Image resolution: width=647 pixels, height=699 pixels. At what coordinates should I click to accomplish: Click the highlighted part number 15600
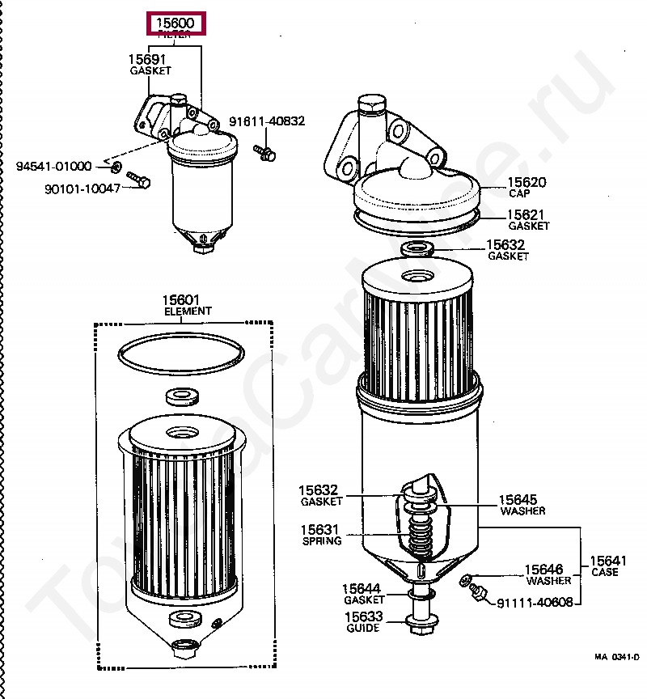(175, 23)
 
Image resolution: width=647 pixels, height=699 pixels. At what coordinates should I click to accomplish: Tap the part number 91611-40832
(266, 121)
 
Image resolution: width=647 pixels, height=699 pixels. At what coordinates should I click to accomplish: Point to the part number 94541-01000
(54, 167)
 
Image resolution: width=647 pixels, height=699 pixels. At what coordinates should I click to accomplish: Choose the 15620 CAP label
(526, 188)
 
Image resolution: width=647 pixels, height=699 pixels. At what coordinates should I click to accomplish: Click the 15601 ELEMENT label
(188, 305)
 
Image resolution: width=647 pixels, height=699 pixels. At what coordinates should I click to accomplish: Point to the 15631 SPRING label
(320, 536)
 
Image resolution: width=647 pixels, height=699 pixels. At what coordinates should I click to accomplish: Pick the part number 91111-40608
(535, 603)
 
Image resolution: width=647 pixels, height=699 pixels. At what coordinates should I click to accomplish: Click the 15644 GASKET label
(362, 594)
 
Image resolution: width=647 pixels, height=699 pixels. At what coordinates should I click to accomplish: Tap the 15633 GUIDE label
(362, 621)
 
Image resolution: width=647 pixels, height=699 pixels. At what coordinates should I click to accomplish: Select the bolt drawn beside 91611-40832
(264, 151)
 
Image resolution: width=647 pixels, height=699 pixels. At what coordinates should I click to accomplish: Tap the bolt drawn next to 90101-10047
(138, 180)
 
